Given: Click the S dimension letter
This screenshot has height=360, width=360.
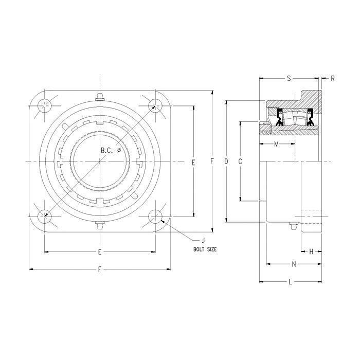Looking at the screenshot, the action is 289,79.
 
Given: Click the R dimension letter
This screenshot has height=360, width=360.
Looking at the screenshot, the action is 333,79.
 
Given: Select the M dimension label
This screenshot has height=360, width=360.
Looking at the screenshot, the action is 277,144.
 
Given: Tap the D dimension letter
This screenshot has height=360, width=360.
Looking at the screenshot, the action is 226,161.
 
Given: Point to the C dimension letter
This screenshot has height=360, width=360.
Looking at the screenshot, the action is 240,161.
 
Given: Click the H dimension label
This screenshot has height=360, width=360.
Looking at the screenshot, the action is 311,252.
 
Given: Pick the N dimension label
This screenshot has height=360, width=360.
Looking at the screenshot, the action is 294,264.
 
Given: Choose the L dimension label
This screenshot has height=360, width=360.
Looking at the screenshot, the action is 290,282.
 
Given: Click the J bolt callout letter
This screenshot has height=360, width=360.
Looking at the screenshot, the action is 203,241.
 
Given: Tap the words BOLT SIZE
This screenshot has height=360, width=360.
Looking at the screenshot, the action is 205,249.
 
